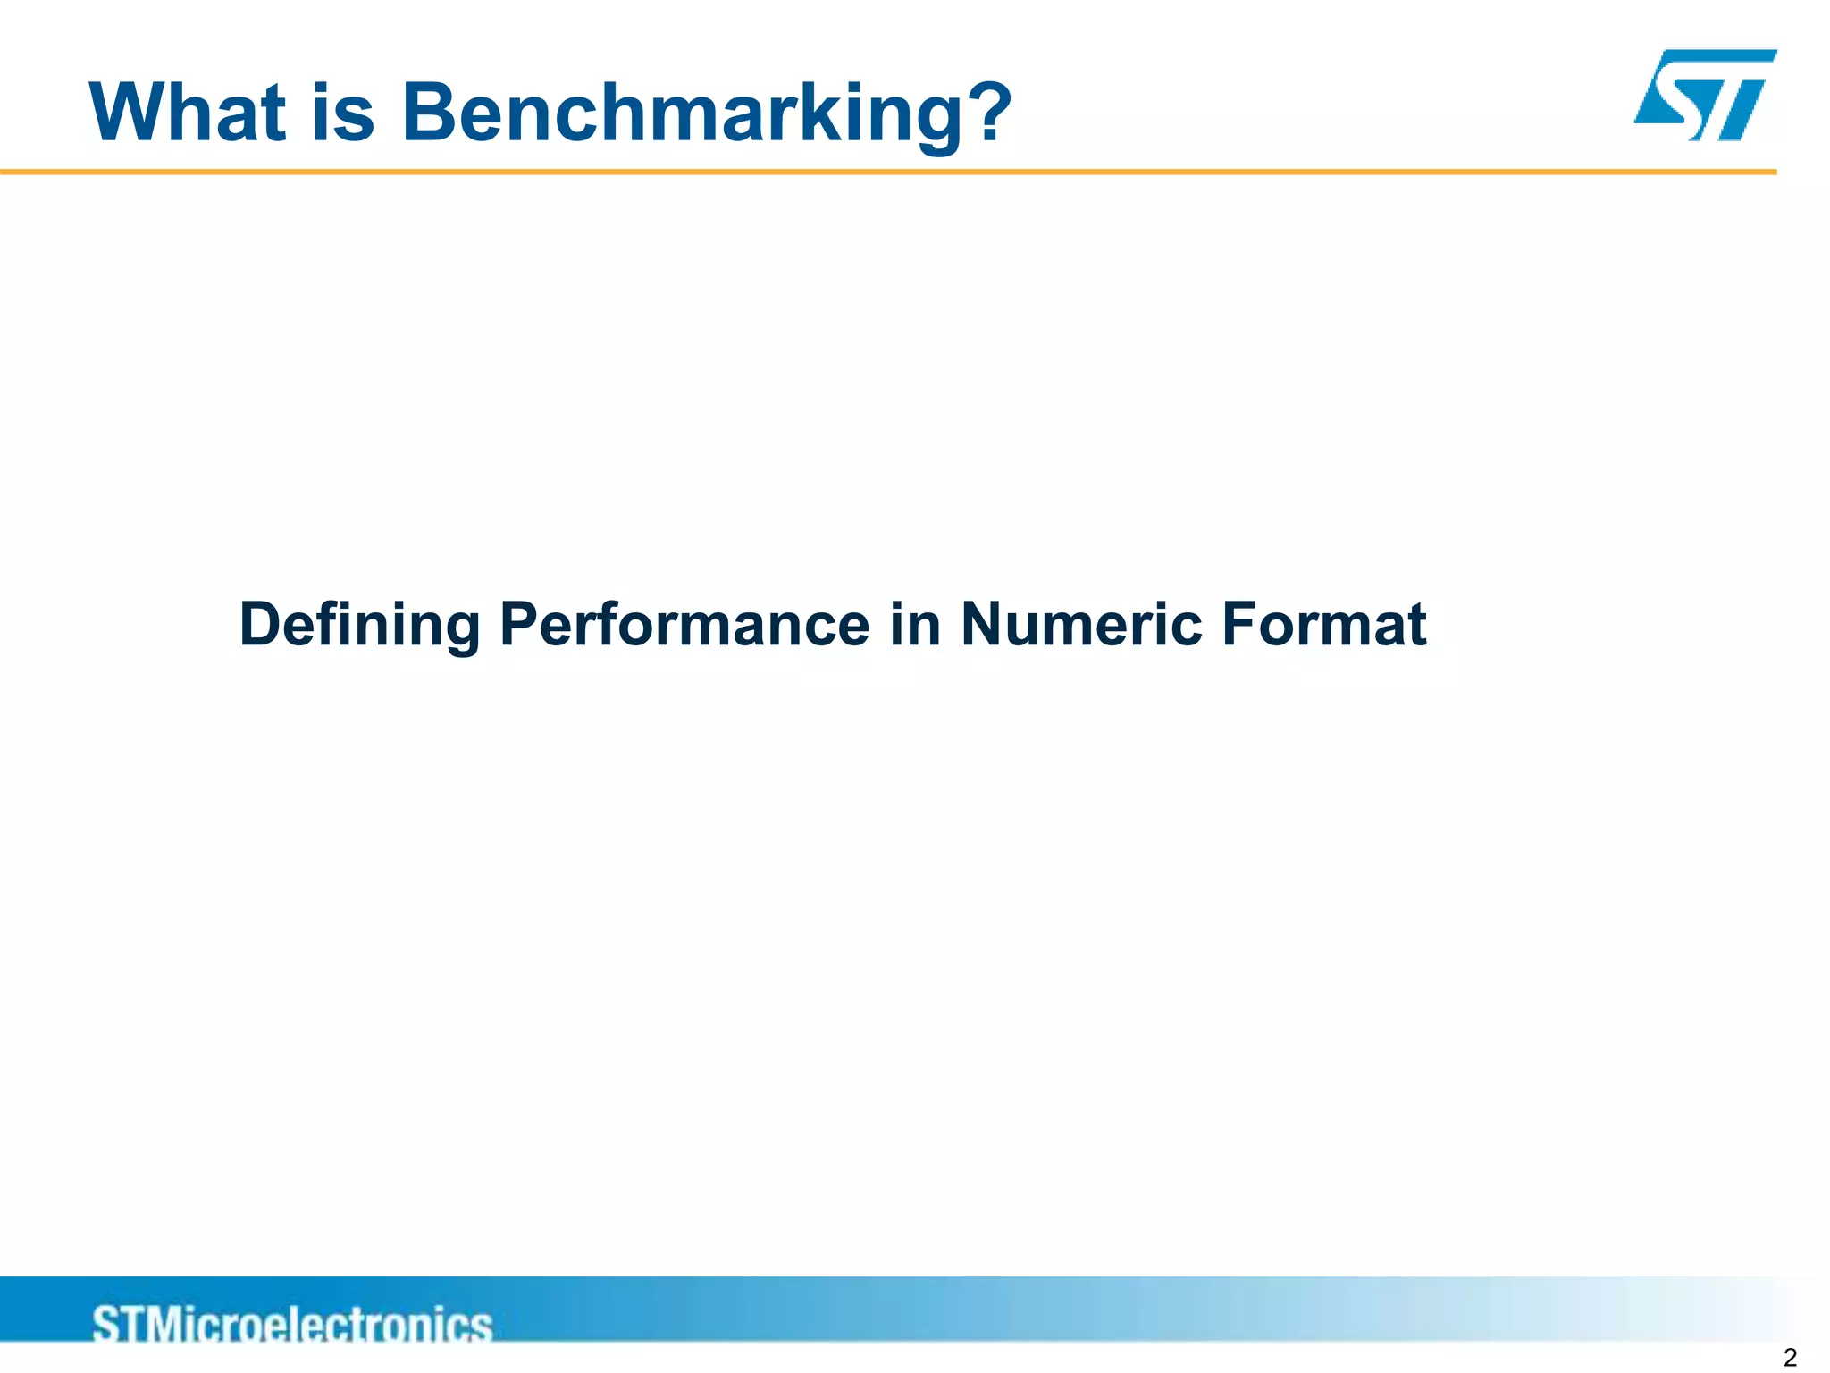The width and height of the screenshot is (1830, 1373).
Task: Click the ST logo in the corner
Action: click(x=1705, y=95)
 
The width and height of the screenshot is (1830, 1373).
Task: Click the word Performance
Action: click(x=684, y=624)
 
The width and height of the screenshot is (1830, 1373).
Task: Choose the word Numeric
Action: click(x=1081, y=624)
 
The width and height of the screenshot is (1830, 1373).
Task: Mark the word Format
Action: click(x=1323, y=624)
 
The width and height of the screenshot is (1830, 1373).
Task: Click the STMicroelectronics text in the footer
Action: click(x=292, y=1323)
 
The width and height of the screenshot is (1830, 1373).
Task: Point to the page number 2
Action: click(x=1789, y=1358)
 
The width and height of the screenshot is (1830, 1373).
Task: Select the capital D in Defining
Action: click(x=261, y=624)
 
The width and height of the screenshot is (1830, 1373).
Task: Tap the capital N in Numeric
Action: click(x=982, y=624)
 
